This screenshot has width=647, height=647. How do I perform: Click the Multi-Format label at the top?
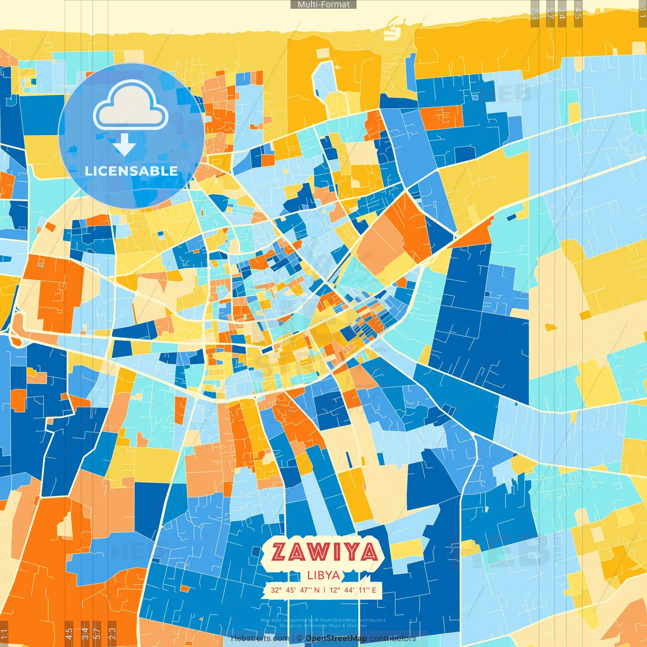[x=323, y=5]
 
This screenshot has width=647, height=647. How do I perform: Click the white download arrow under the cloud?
[x=124, y=146]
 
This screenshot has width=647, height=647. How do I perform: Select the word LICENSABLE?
[x=131, y=171]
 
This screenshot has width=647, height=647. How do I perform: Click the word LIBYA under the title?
[x=323, y=575]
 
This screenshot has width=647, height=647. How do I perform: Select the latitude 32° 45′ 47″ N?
[x=295, y=590]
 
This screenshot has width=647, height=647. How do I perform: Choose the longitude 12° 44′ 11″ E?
[x=353, y=590]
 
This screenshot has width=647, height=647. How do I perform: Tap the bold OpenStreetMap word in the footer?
[x=336, y=638]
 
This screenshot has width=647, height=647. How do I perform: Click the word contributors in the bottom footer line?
[x=393, y=638]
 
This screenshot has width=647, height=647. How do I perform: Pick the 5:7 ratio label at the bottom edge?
[x=97, y=633]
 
